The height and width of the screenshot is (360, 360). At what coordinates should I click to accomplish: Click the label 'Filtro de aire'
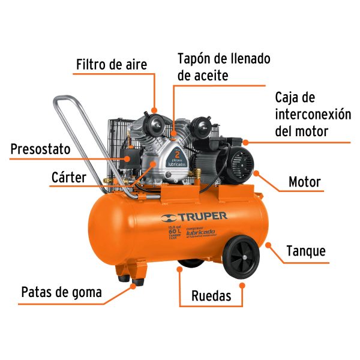(111, 64)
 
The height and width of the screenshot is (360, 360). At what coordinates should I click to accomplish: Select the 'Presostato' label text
(40, 149)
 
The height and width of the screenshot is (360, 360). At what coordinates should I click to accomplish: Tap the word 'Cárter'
(68, 178)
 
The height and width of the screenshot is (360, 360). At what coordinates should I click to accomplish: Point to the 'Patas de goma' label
(61, 292)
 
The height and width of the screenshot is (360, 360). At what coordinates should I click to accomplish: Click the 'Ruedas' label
(212, 295)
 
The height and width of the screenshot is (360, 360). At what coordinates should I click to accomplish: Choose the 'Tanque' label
(306, 250)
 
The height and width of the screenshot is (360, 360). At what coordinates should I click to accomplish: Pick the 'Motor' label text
(305, 182)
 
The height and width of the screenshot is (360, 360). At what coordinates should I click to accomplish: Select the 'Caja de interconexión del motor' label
(312, 114)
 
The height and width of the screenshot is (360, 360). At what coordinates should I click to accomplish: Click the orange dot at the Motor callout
(256, 173)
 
